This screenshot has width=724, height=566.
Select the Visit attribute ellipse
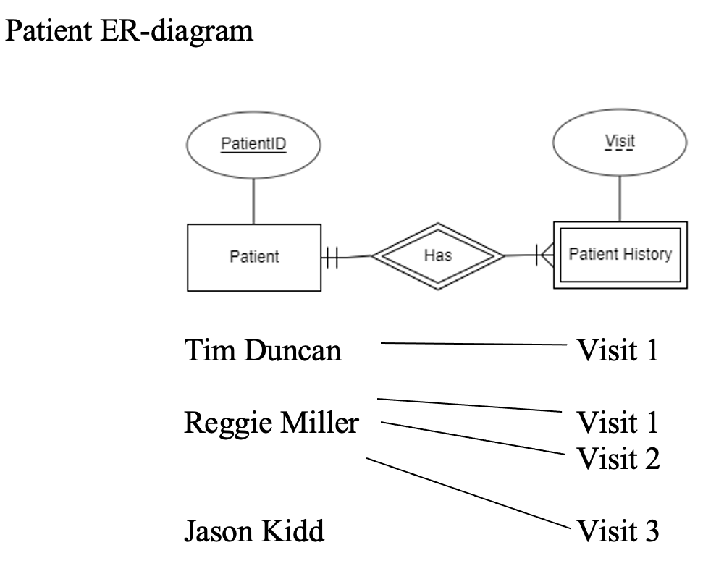click(619, 142)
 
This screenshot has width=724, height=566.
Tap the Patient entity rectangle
click(254, 257)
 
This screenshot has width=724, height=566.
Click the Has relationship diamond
click(437, 255)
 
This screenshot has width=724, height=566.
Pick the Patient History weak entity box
click(620, 255)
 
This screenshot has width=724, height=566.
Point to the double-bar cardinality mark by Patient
click(331, 257)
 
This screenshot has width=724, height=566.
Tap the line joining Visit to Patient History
click(620, 197)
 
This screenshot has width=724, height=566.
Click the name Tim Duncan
click(262, 351)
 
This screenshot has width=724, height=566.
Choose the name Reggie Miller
click(271, 423)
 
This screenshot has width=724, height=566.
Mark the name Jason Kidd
click(253, 532)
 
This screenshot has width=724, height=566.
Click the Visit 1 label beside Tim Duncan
click(618, 351)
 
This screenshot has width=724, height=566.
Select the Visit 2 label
click(618, 458)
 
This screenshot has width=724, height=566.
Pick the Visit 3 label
click(618, 532)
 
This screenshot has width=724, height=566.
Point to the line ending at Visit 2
click(471, 438)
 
